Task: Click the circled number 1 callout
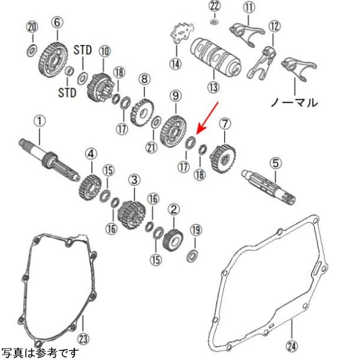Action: coord(39,121)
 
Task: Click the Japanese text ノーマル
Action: coord(294,102)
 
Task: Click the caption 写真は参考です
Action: coord(40,353)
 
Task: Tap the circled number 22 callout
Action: coord(215,7)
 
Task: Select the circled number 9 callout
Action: coord(175,95)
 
